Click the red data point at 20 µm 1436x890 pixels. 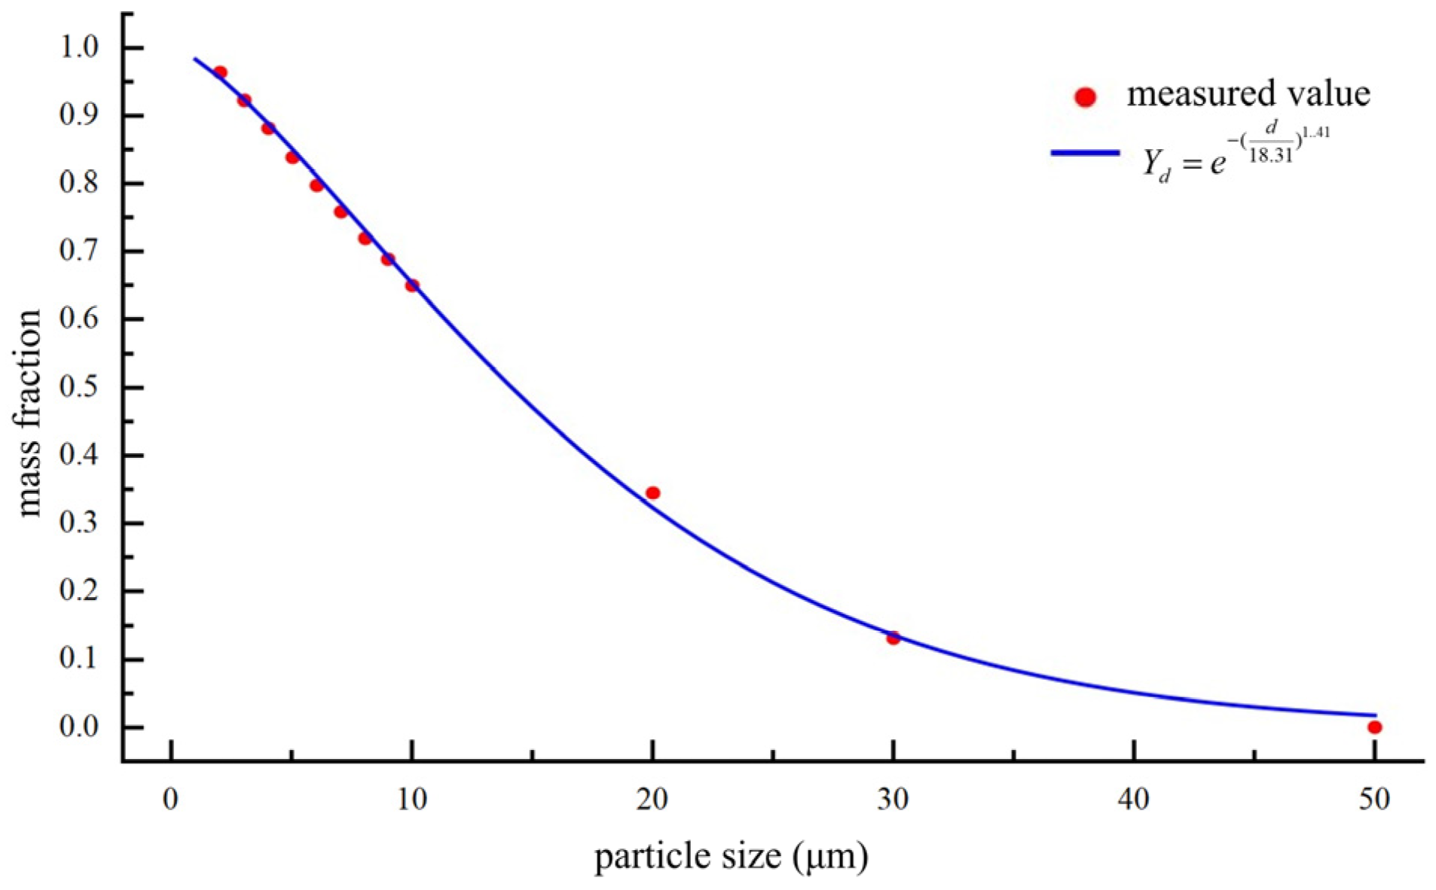coord(652,493)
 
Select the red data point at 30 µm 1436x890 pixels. coord(893,639)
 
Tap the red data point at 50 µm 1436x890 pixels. coord(1374,727)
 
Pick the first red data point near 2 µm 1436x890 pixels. coord(220,73)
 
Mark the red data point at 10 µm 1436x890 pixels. coord(412,285)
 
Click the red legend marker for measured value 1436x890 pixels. coord(1085,97)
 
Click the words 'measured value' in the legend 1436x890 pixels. coord(1248,94)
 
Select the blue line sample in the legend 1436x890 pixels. coord(1085,153)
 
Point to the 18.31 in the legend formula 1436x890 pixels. coord(1270,156)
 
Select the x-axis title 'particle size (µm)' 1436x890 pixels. coord(731,857)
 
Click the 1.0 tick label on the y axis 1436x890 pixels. coord(79,47)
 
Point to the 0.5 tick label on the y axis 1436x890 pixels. coord(79,387)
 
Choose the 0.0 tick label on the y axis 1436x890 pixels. coord(79,727)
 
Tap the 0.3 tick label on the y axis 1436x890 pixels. coord(79,523)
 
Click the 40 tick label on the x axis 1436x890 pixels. coord(1133,800)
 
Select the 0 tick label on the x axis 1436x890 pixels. coord(171,800)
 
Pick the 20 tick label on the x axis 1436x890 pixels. coord(652,800)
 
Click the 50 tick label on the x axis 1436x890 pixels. coord(1374,800)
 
